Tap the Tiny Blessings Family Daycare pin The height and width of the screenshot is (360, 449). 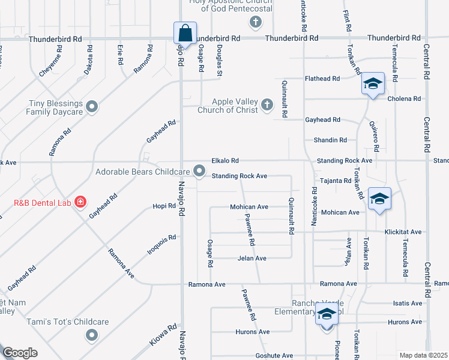pyautogui.click(x=92, y=107)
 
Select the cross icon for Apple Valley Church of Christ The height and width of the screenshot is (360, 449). pyautogui.click(x=268, y=106)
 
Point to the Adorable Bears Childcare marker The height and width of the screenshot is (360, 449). pyautogui.click(x=200, y=172)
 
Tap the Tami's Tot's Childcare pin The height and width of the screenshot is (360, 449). pyautogui.click(x=91, y=335)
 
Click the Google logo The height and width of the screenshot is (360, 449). pyautogui.click(x=19, y=353)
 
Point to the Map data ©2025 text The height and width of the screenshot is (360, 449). pyautogui.click(x=423, y=355)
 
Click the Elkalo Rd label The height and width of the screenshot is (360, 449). pyautogui.click(x=225, y=161)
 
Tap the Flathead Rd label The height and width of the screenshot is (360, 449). pyautogui.click(x=322, y=79)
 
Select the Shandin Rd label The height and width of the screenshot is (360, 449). pyautogui.click(x=330, y=140)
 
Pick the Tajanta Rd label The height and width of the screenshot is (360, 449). pyautogui.click(x=336, y=181)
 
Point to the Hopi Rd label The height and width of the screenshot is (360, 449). pyautogui.click(x=164, y=206)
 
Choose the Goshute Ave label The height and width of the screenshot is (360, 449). pyautogui.click(x=270, y=355)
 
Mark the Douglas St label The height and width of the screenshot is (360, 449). pyautogui.click(x=220, y=60)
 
